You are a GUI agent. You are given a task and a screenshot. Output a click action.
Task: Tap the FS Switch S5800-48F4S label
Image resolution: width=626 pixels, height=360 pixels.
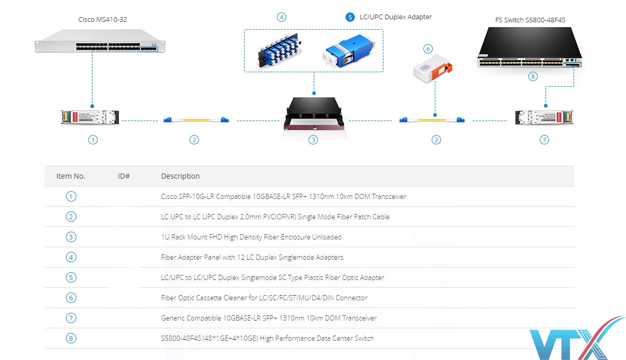pyautogui.click(x=530, y=20)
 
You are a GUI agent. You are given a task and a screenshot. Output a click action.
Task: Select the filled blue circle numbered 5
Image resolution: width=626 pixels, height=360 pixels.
pyautogui.click(x=350, y=17)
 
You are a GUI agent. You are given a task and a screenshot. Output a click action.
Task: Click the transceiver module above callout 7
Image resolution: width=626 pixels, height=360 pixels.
pyautogui.click(x=544, y=117)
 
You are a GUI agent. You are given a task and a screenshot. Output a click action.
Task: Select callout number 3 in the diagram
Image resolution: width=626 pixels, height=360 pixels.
pyautogui.click(x=313, y=140)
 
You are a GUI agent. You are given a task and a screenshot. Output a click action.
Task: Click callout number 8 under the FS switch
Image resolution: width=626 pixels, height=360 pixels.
pyautogui.click(x=532, y=76)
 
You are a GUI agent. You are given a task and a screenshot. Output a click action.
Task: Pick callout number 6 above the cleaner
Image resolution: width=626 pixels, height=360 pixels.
pyautogui.click(x=428, y=49)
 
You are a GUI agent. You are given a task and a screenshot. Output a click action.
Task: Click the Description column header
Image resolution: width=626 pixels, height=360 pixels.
pyautogui.click(x=180, y=176)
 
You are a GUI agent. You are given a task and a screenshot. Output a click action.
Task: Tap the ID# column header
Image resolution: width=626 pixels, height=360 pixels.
pyautogui.click(x=124, y=176)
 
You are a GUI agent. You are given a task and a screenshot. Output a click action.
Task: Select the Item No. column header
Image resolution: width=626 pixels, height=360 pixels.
pyautogui.click(x=71, y=176)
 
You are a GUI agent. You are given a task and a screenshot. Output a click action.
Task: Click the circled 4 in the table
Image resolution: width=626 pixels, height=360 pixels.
pyautogui.click(x=71, y=257)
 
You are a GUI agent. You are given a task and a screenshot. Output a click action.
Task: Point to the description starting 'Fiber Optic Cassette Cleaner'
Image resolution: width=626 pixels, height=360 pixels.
pyautogui.click(x=264, y=298)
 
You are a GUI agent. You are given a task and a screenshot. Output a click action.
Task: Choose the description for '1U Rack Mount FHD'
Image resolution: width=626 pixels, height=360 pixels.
pyautogui.click(x=251, y=237)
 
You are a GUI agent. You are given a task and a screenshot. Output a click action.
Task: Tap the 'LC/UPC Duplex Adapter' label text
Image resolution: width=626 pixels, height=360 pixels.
pyautogui.click(x=396, y=17)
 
